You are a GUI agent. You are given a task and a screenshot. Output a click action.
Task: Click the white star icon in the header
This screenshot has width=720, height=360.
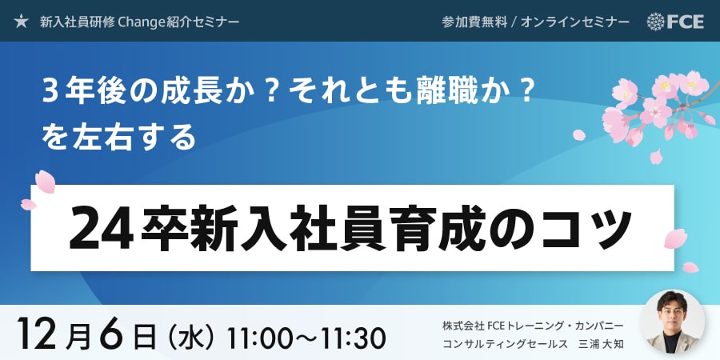[x=21, y=21]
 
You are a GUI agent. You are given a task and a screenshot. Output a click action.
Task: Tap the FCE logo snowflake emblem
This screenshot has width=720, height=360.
[x=656, y=21]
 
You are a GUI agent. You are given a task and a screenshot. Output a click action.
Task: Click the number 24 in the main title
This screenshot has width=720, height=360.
[x=102, y=228]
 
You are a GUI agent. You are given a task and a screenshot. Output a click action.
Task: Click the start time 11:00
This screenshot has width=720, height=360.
[x=257, y=339]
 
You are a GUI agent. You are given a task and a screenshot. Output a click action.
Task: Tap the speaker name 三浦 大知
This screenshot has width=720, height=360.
[x=602, y=343]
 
